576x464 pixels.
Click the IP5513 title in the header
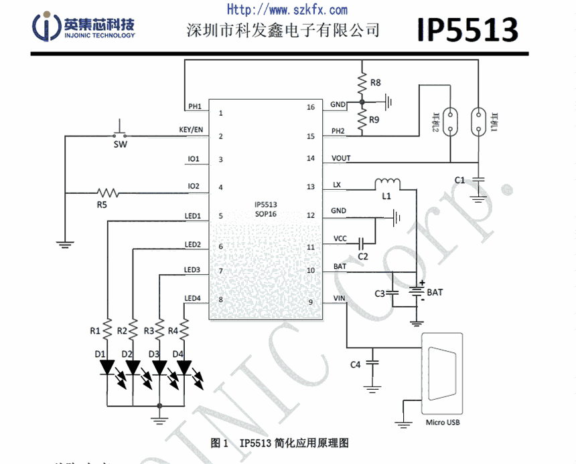pos(467,29)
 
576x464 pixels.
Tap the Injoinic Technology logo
pos(83,27)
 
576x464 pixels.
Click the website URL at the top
pos(287,9)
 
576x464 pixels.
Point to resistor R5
pos(107,193)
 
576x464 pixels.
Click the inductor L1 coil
pos(387,182)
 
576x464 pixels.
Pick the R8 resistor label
pos(375,83)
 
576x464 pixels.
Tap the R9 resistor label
pos(375,120)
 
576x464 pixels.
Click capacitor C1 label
pos(459,180)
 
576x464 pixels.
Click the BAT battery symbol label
pos(435,292)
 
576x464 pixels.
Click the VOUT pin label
pos(340,158)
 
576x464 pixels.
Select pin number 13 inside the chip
pos(310,187)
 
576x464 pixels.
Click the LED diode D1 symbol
pos(107,367)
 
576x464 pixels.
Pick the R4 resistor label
pos(173,330)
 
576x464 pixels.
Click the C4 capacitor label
pos(356,364)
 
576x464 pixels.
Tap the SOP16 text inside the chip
pos(266,214)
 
